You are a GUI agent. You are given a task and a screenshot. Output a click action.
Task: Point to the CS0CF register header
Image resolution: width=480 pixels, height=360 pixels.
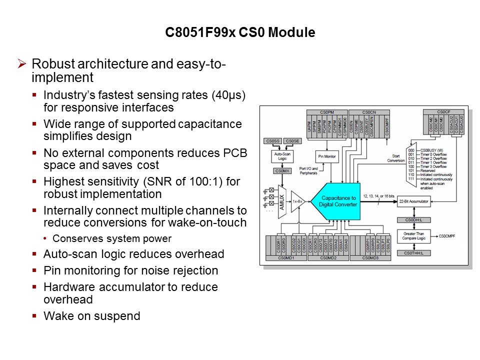tap(443, 111)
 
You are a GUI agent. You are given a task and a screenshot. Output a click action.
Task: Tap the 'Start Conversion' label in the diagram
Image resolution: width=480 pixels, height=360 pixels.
tap(396, 157)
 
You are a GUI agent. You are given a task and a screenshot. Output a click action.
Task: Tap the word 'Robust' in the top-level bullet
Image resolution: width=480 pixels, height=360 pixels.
tap(50, 64)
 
